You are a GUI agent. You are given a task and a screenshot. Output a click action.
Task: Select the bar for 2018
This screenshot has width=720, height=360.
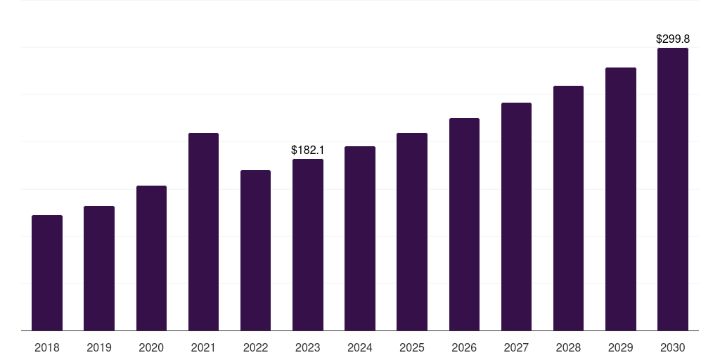tap(47, 273)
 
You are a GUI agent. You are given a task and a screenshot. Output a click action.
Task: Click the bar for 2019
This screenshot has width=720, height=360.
tap(99, 268)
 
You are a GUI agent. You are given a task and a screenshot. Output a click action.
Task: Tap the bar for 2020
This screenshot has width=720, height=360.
tap(152, 258)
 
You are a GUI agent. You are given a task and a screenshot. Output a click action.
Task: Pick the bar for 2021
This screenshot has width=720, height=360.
tap(203, 232)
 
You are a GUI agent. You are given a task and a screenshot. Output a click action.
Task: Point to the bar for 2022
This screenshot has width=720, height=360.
tap(255, 250)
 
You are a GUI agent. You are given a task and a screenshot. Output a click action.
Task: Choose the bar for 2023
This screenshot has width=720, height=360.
tap(308, 245)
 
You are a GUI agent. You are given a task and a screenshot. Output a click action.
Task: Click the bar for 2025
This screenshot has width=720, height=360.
tap(412, 232)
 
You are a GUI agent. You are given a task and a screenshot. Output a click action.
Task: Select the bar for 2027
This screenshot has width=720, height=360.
tap(516, 217)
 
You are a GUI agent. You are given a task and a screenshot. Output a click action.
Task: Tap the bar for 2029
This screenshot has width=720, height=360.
tap(621, 199)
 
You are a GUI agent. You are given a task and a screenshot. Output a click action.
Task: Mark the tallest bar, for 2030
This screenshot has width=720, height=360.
tap(673, 189)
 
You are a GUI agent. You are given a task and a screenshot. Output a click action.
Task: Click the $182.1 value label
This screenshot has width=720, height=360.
tap(308, 150)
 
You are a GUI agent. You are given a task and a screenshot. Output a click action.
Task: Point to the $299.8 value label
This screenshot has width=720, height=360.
tap(673, 39)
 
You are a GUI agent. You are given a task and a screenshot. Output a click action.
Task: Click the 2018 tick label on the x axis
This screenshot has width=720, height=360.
tap(47, 347)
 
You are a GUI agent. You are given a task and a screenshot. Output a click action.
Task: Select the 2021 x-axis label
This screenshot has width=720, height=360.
tap(203, 347)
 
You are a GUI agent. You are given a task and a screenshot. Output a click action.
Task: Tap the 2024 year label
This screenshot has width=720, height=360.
tap(359, 347)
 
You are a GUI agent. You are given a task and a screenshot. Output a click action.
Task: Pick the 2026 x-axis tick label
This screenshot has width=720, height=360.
tap(464, 347)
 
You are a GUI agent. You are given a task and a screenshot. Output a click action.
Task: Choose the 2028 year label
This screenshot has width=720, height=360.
tap(568, 347)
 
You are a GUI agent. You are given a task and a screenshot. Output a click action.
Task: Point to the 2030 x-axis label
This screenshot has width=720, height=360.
tap(673, 347)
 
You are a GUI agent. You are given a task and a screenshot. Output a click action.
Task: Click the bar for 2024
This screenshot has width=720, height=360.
tap(360, 238)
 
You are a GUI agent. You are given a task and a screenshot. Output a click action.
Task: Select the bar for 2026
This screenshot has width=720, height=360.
tap(464, 224)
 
